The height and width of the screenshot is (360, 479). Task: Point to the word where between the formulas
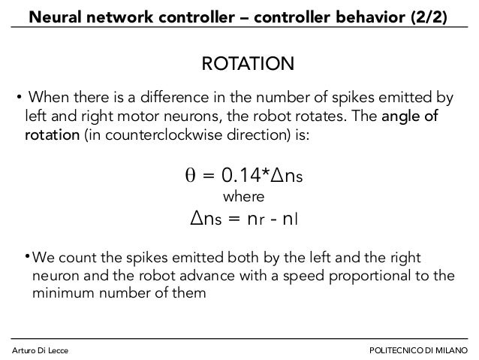245,197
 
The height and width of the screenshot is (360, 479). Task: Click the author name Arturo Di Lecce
42,349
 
